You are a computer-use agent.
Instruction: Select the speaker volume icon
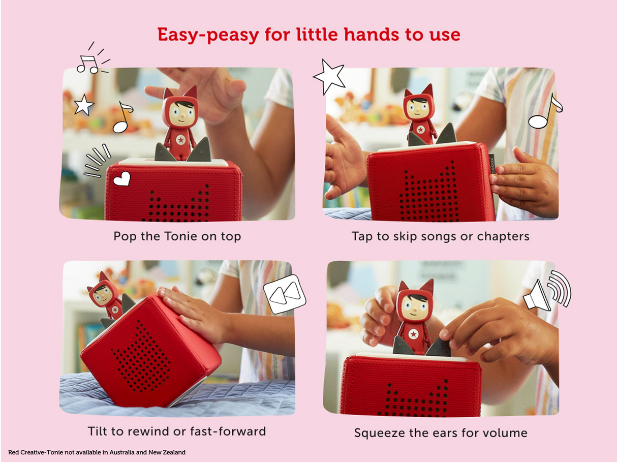[547, 291]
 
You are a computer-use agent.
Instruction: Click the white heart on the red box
[121, 178]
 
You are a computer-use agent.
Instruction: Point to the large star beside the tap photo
[329, 77]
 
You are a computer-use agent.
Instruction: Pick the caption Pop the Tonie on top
[177, 236]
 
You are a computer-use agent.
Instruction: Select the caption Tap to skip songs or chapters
[440, 236]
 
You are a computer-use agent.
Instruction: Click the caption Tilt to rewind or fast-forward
[176, 431]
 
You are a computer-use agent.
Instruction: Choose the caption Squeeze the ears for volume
[441, 433]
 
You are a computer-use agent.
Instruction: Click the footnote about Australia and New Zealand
[97, 452]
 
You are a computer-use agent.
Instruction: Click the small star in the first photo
[84, 105]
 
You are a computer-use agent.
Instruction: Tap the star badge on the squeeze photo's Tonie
[414, 333]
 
